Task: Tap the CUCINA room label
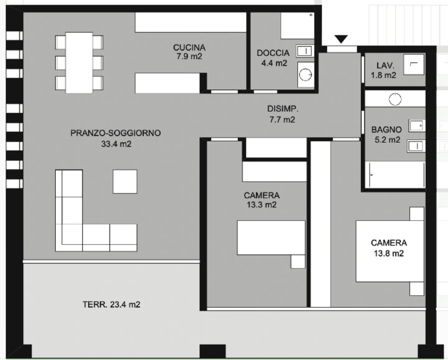click(189, 48)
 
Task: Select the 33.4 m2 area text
click(116, 144)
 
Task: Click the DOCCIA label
click(273, 53)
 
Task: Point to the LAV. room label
click(385, 66)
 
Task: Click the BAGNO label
click(386, 130)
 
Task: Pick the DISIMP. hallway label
click(282, 109)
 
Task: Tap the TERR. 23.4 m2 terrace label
click(111, 304)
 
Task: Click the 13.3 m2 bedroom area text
click(261, 205)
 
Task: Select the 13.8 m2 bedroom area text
click(389, 253)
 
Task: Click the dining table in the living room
click(79, 63)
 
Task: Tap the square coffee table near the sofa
click(125, 181)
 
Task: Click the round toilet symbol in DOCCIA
click(305, 75)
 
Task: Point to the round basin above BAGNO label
click(395, 99)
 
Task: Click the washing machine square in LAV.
click(413, 65)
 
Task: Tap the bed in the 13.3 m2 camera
click(271, 238)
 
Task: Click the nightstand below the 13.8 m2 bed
click(417, 289)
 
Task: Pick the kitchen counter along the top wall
click(190, 22)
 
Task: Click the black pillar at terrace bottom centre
click(212, 351)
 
